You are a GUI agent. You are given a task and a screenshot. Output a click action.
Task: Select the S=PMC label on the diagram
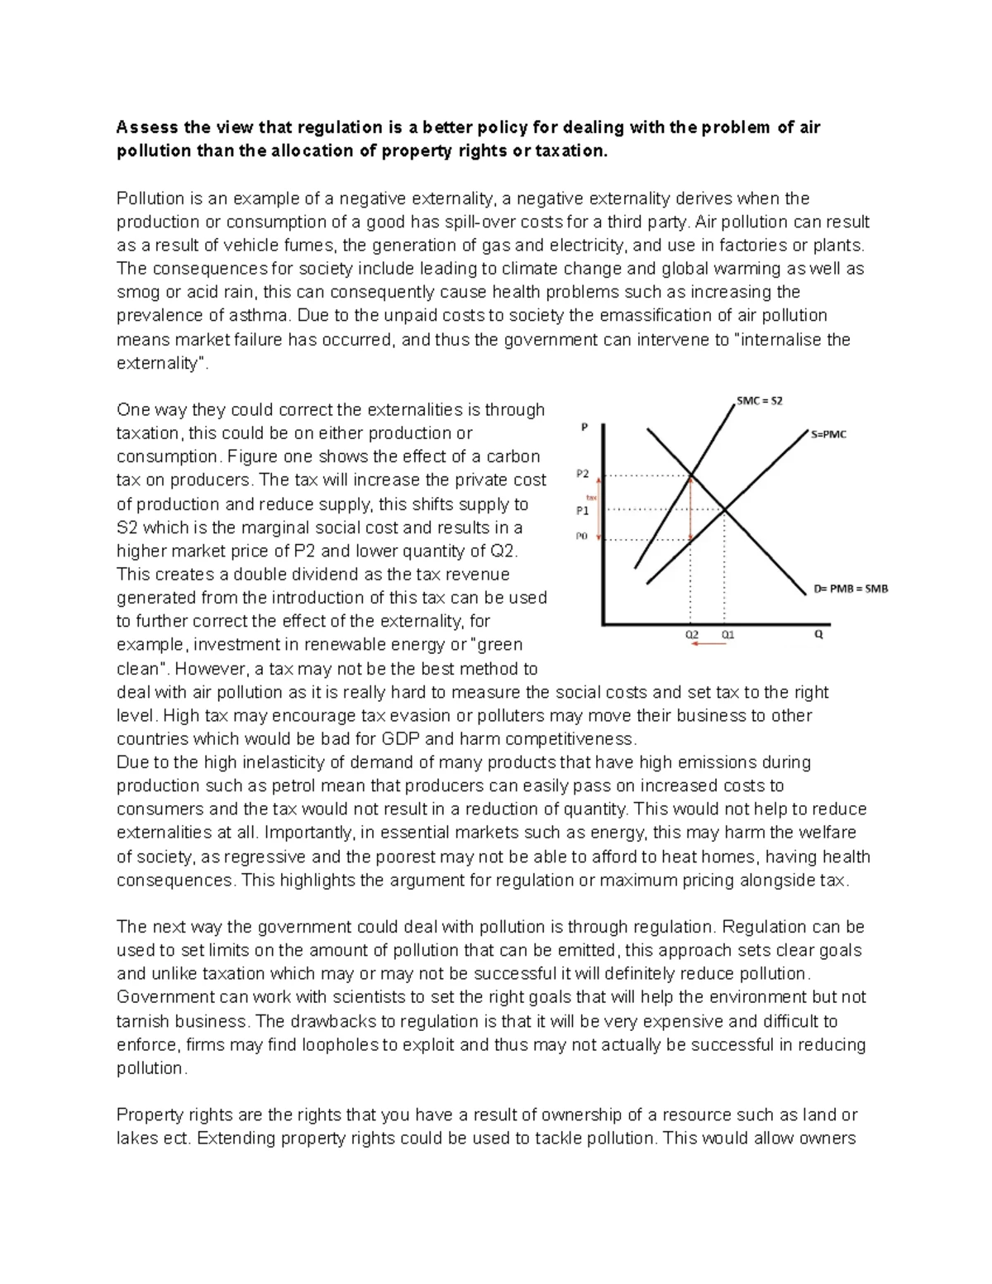click(828, 434)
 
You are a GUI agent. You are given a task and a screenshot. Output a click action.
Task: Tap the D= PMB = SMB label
click(850, 589)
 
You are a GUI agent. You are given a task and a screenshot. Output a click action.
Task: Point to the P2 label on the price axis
click(583, 475)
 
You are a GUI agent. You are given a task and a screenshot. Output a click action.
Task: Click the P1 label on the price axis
click(583, 510)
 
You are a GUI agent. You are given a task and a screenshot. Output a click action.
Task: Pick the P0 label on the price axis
click(582, 537)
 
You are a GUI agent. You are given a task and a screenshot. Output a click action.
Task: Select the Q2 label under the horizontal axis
click(692, 635)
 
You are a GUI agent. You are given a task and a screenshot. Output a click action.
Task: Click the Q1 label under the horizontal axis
click(728, 635)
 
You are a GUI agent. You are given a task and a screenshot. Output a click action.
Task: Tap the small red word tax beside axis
click(591, 497)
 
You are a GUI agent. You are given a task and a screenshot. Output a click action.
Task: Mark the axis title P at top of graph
click(584, 427)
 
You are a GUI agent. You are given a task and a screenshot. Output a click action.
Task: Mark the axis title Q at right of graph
click(819, 635)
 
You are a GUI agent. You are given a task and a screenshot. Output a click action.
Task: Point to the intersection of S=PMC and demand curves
click(725, 510)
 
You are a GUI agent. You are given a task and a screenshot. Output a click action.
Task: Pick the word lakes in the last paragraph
click(137, 1138)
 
